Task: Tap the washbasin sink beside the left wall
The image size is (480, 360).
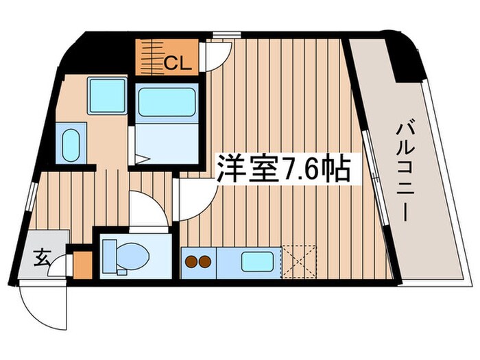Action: click(x=71, y=145)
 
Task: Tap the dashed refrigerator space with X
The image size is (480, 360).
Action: click(x=299, y=261)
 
